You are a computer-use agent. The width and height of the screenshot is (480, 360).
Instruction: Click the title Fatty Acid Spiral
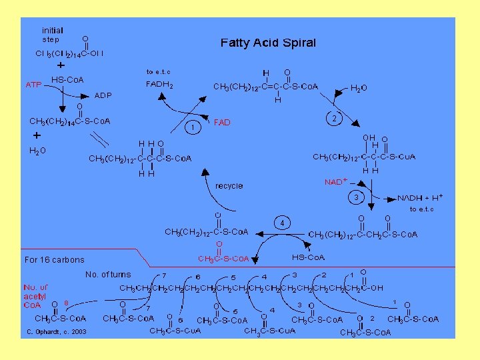[x=268, y=43]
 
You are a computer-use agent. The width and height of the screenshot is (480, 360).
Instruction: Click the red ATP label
[x=33, y=85]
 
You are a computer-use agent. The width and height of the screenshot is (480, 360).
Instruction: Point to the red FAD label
[x=222, y=123]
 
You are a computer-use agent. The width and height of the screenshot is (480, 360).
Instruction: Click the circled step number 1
[x=192, y=127]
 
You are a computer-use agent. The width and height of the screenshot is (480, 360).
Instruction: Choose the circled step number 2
[x=333, y=118]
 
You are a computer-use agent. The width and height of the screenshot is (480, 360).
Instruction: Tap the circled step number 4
[x=283, y=221]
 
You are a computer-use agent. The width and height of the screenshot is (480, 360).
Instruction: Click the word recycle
[x=229, y=186]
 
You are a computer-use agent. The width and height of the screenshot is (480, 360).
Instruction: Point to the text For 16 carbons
[x=55, y=259]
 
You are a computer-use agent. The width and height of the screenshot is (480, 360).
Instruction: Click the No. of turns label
[x=108, y=274]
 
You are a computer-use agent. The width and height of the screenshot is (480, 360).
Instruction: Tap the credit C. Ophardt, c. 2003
[x=57, y=331]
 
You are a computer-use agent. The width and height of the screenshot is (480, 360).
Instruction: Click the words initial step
[x=52, y=35]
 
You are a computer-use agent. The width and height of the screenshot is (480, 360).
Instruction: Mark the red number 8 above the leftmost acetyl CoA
[x=67, y=303]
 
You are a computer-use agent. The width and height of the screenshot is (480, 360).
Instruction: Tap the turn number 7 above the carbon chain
[x=164, y=275]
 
